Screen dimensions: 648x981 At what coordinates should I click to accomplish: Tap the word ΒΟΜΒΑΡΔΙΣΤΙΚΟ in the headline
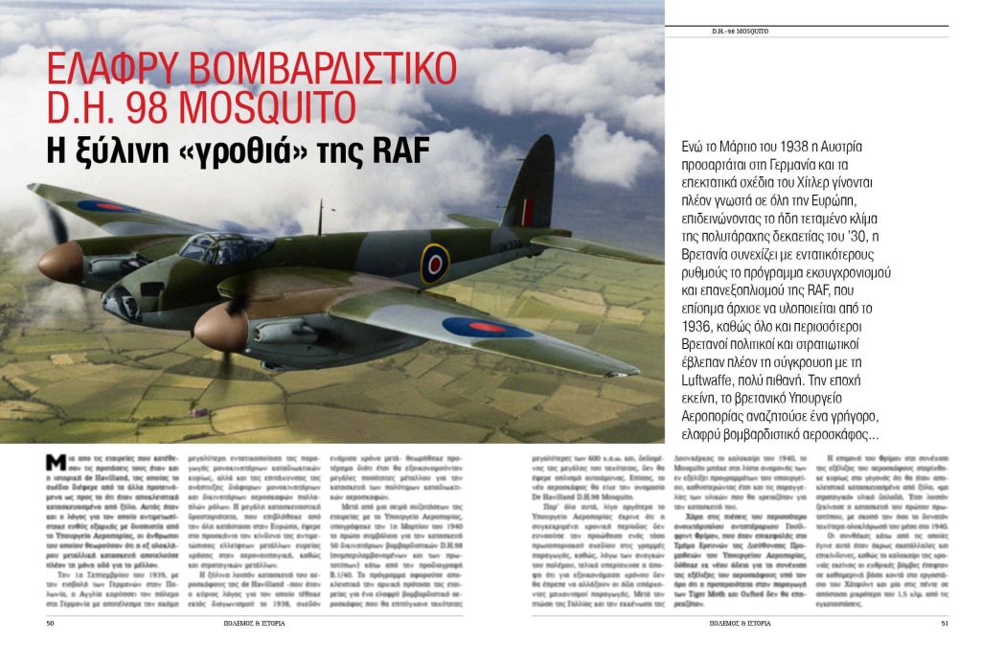[x=327, y=72]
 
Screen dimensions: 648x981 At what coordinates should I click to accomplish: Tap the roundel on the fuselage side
[x=434, y=264]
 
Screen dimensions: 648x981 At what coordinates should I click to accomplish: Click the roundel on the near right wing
[x=486, y=327]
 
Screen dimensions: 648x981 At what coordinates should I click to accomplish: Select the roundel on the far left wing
[x=107, y=205]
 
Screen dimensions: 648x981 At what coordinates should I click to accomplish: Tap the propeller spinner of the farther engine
[x=59, y=262]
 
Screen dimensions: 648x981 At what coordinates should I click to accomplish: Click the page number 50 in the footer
[x=50, y=622]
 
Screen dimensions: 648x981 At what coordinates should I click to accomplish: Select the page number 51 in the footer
[x=944, y=622]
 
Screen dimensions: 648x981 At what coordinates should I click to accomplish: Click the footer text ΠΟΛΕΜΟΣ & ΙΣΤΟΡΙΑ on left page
[x=254, y=622]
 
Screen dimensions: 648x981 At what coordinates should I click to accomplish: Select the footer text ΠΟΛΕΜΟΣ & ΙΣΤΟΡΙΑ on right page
[x=740, y=622]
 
